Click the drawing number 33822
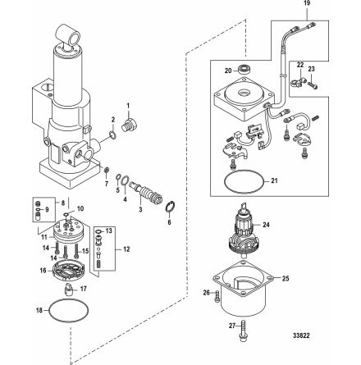pos(301,335)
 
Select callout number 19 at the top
pos(307,3)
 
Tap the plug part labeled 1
pos(129,125)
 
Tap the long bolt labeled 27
pos(243,331)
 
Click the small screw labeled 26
pos(217,296)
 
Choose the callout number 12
pos(126,249)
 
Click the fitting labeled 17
pos(69,290)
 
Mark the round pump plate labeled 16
pos(67,271)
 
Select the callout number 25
pos(286,278)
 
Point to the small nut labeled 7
pos(107,170)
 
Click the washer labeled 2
pos(113,135)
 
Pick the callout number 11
pos(44,237)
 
